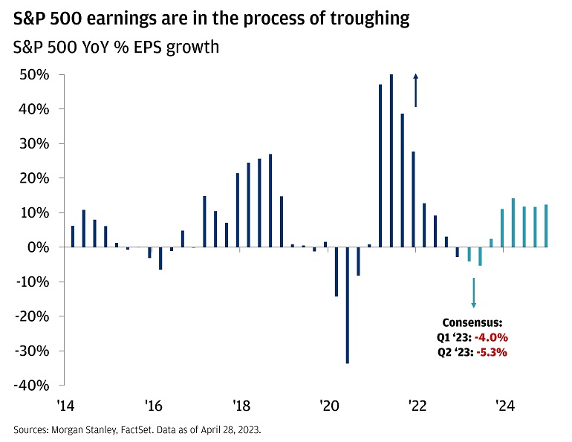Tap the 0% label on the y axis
pyautogui.click(x=41, y=247)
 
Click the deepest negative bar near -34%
pyautogui.click(x=348, y=305)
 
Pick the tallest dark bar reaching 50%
pyautogui.click(x=391, y=160)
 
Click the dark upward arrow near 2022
pyautogui.click(x=416, y=90)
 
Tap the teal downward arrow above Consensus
pyautogui.click(x=473, y=293)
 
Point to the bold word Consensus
pyautogui.click(x=472, y=323)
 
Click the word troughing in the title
pyautogui.click(x=366, y=19)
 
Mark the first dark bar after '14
pyautogui.click(x=73, y=236)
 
